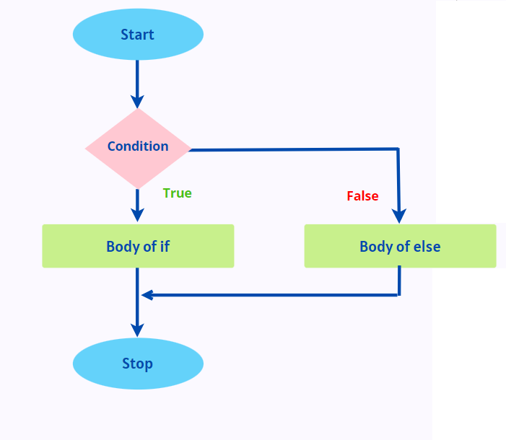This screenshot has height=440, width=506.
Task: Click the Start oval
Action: tap(138, 35)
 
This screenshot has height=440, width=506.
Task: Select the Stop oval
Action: tap(138, 364)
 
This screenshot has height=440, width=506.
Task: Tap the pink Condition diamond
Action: tap(138, 148)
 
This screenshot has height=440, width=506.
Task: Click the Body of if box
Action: tap(138, 246)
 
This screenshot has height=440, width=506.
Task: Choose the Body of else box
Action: tap(400, 246)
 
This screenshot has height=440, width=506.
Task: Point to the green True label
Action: tap(177, 193)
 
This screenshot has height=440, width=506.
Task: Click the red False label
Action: tap(362, 196)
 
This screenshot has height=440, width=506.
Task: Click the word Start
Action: tap(138, 35)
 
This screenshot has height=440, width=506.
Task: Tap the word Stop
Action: tap(138, 364)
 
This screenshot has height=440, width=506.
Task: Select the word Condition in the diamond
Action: tap(138, 146)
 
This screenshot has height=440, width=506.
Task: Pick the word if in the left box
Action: tap(164, 247)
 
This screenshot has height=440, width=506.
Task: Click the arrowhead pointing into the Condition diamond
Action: tap(137, 101)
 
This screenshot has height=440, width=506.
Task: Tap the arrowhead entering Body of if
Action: tap(137, 215)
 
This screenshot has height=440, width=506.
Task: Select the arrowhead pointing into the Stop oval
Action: tap(137, 329)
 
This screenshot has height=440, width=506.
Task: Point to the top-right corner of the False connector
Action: tap(398, 149)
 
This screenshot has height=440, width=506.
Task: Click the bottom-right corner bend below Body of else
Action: tap(398, 294)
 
